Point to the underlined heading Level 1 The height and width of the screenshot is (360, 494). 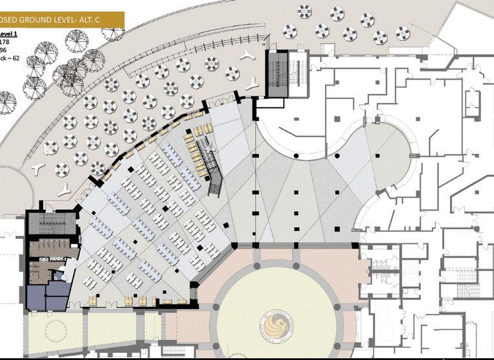9,34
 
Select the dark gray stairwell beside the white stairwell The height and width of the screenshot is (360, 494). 277,73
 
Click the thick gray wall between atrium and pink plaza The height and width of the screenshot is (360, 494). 298,245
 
